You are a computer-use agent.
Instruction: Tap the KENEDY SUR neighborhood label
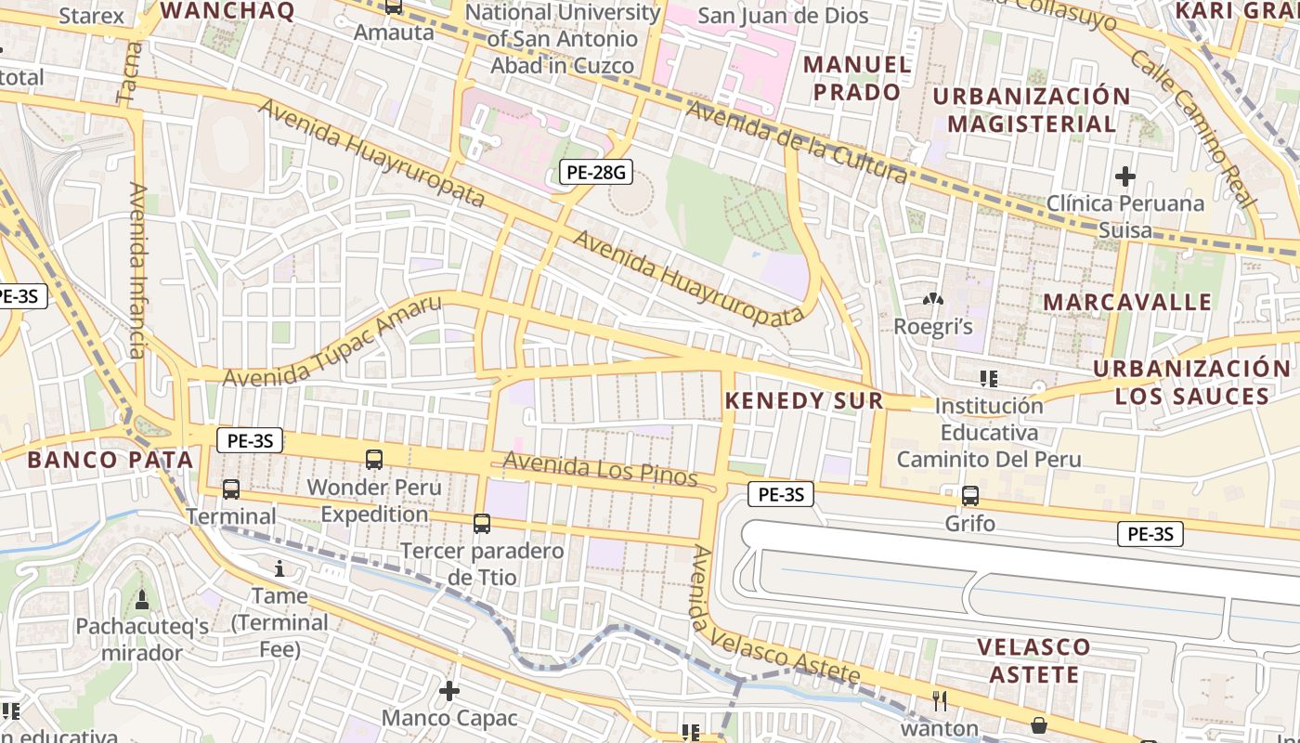pos(803,400)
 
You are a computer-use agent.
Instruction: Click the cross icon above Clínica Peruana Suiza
pos(1125,176)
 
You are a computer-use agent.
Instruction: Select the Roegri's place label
pos(932,326)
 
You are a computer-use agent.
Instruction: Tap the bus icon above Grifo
pos(970,496)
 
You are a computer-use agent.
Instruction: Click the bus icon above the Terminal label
pos(231,489)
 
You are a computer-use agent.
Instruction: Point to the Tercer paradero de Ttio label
pos(482,563)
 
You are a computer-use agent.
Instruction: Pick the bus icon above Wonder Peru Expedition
pos(374,459)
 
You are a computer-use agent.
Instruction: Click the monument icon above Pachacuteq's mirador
pos(142,599)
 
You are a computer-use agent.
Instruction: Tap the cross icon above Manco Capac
pos(449,691)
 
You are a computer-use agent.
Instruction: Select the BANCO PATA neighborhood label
pos(110,459)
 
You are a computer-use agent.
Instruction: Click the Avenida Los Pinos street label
pos(600,468)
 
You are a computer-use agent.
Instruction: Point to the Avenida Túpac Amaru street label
pos(331,343)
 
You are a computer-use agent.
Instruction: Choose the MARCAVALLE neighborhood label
pos(1127,302)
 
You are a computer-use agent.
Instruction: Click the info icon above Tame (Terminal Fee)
pos(279,568)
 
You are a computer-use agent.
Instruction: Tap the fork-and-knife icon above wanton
pos(940,700)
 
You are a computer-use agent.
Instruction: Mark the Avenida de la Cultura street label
pos(797,142)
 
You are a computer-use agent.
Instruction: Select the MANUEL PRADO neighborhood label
pos(857,78)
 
